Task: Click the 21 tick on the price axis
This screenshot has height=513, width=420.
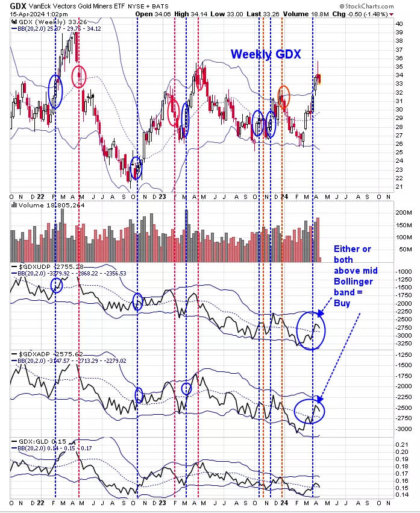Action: (398, 187)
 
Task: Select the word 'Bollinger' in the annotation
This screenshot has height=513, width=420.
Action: (352, 282)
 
